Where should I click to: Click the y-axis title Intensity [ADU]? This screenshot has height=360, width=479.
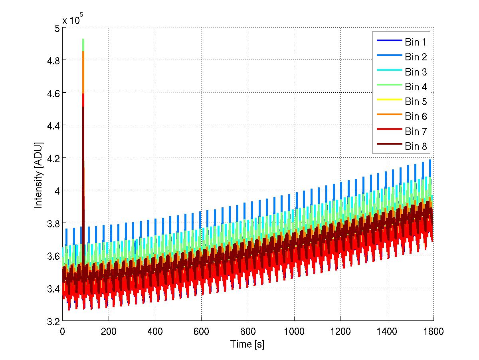point(39,175)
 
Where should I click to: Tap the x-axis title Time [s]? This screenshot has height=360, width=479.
point(247,344)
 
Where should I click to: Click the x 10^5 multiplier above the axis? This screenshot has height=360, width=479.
point(73,20)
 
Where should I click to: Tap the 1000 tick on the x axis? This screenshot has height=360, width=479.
point(294,332)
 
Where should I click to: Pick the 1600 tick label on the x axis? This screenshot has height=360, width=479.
point(433,332)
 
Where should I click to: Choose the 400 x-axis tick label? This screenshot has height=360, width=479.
point(155,332)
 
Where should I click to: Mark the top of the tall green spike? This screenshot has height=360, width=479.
point(83,40)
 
